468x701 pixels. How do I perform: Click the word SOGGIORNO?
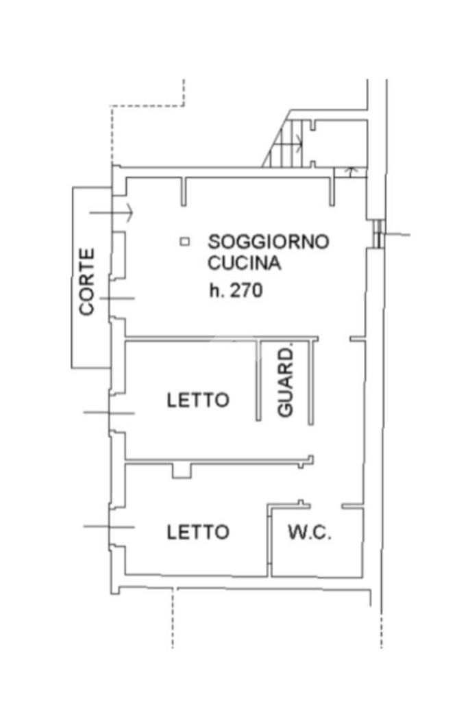tap(269, 242)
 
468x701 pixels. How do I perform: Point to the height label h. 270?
tap(236, 290)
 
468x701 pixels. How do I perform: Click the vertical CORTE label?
tap(87, 281)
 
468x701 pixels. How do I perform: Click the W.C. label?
tap(309, 533)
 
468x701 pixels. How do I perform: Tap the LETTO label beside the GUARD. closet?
tap(198, 400)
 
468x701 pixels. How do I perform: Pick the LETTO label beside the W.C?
tap(198, 532)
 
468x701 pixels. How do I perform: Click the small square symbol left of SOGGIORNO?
tap(184, 241)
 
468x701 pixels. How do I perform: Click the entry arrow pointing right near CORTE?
tap(112, 213)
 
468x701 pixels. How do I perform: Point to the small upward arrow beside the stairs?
tap(351, 170)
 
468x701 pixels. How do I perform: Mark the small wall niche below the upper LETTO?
tap(182, 470)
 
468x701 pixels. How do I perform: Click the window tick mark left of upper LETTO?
tap(108, 413)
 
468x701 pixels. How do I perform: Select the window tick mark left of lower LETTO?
tap(108, 526)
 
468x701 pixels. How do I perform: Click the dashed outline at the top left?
tap(147, 106)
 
